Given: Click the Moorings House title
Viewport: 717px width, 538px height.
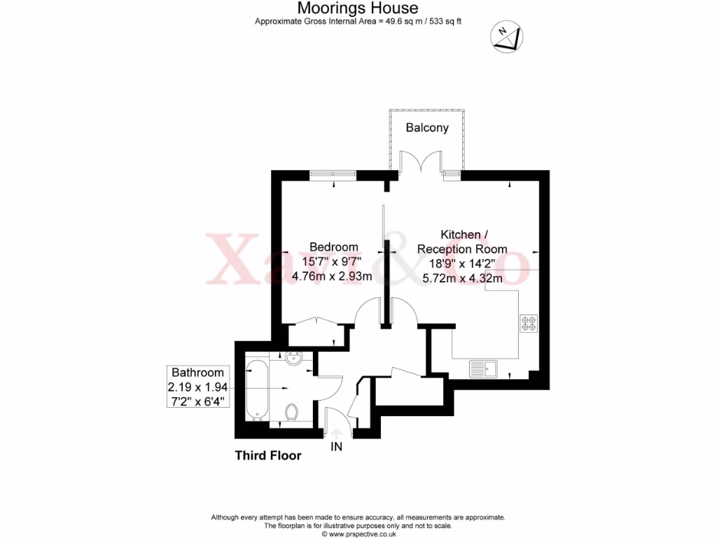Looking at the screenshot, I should point(358,8).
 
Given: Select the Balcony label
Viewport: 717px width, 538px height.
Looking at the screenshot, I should point(427,128).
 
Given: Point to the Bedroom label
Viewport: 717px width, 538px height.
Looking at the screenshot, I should point(334,247).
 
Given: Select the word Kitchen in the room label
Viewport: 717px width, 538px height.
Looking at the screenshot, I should point(460,234).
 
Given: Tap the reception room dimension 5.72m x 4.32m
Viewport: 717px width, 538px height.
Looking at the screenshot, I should point(462,278).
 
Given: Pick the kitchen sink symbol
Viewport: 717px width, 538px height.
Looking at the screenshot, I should point(483,368).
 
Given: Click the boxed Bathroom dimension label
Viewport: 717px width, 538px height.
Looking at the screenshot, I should point(198,387).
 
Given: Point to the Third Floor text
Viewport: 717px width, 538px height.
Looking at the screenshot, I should point(267,455).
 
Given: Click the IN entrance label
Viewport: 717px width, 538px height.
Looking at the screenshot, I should point(337,446).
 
